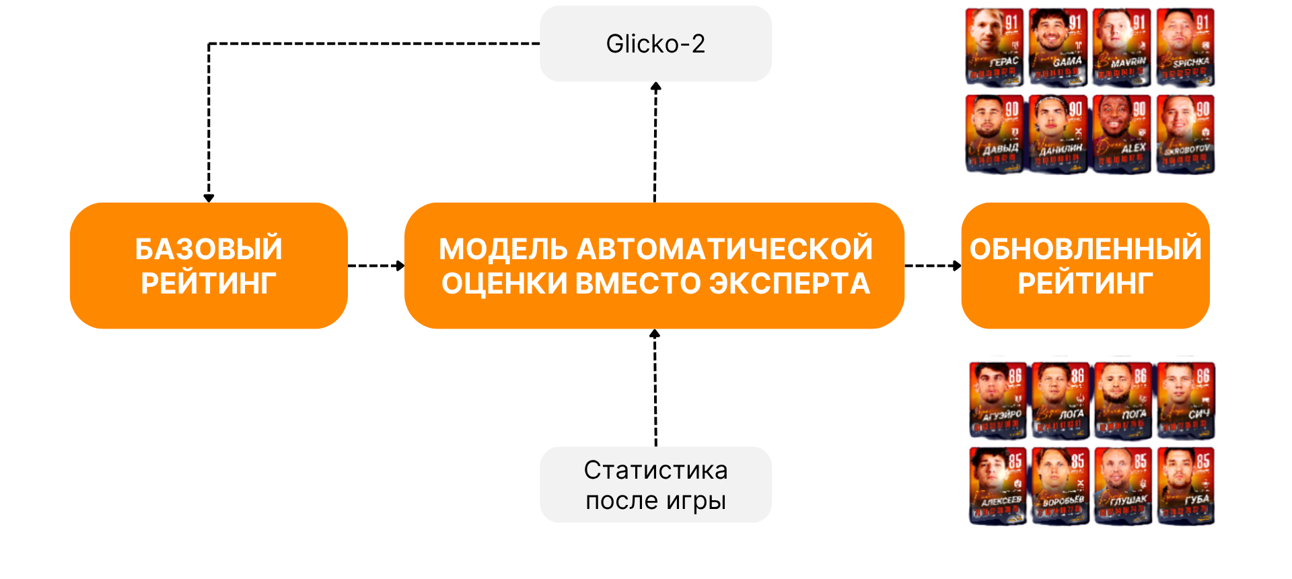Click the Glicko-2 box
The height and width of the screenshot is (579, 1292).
(x=655, y=44)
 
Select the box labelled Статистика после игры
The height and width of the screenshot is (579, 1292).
(x=655, y=485)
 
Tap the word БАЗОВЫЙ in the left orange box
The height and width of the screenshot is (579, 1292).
(x=209, y=249)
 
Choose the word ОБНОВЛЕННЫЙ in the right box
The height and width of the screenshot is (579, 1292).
(x=1085, y=249)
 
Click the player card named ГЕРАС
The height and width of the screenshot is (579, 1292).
(x=995, y=47)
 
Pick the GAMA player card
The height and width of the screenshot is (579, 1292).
(x=1058, y=47)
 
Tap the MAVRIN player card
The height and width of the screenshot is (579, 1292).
(x=1122, y=47)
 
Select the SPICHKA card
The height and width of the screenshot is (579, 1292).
(x=1186, y=47)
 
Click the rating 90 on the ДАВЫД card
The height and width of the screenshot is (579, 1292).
(x=1012, y=109)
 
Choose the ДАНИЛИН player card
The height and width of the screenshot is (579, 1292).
(x=1058, y=133)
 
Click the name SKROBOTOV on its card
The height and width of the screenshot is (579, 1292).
(x=1188, y=149)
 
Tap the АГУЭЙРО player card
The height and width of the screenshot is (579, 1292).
(x=998, y=400)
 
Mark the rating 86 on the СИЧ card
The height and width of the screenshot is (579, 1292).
(x=1203, y=376)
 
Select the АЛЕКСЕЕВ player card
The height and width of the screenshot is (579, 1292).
(x=998, y=485)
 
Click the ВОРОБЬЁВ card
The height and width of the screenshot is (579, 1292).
(x=1061, y=485)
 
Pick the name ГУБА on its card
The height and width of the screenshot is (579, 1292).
(x=1197, y=500)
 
